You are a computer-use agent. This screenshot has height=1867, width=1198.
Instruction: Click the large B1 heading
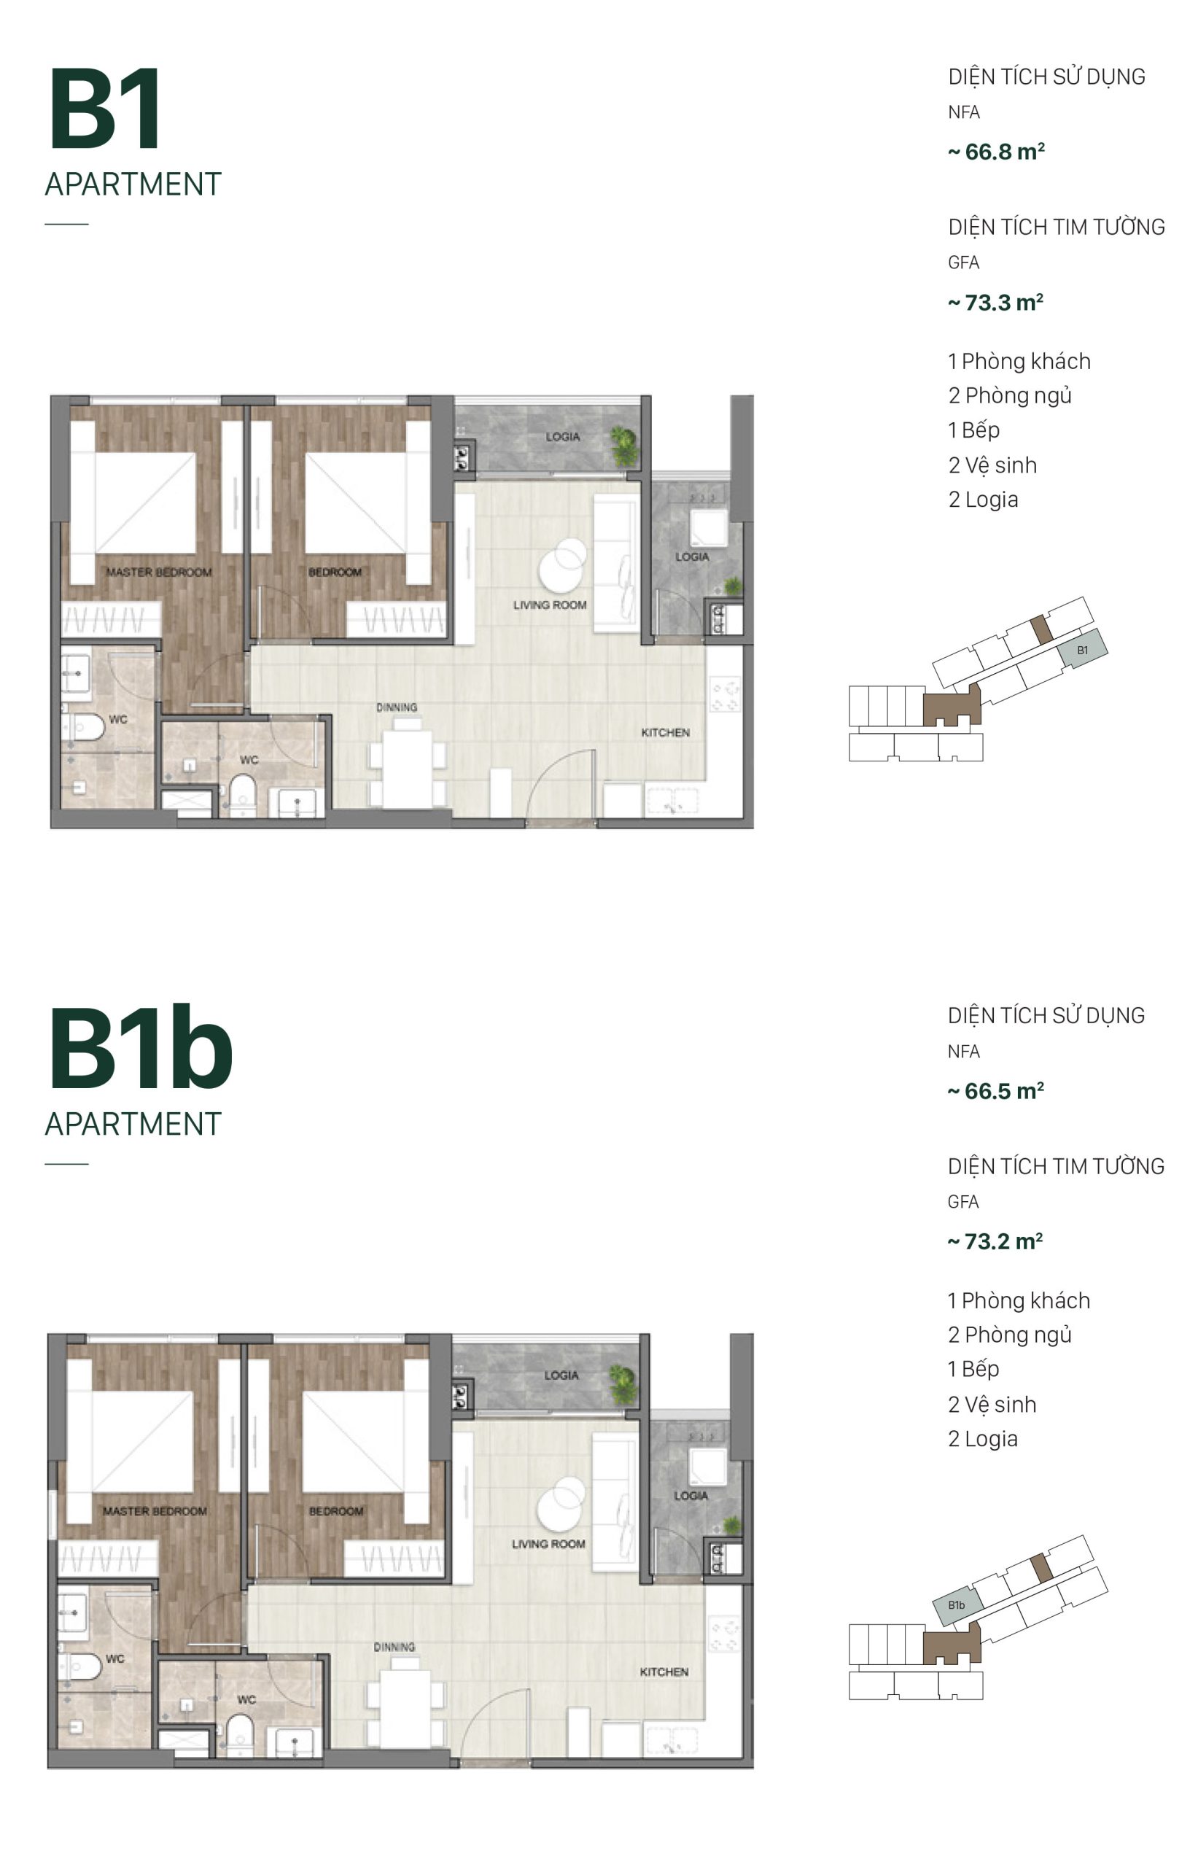coord(105,109)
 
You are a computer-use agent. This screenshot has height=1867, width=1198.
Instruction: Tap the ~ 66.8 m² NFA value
coord(996,152)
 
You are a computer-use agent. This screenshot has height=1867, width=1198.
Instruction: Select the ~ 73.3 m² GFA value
coord(995,303)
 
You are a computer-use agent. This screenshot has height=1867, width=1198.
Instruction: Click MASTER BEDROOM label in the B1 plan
coord(159,572)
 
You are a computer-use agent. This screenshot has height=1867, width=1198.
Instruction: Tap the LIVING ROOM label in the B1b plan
coord(548,1543)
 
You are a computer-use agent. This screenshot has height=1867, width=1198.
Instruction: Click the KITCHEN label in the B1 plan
coord(665,732)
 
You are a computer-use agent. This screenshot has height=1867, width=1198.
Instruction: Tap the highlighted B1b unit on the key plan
coord(957,1604)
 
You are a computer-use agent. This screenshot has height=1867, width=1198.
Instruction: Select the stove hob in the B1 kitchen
coord(725,695)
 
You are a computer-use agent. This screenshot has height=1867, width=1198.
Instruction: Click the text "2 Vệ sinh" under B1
coord(992,465)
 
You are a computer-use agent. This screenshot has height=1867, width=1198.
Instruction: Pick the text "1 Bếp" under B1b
coord(973,1369)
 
